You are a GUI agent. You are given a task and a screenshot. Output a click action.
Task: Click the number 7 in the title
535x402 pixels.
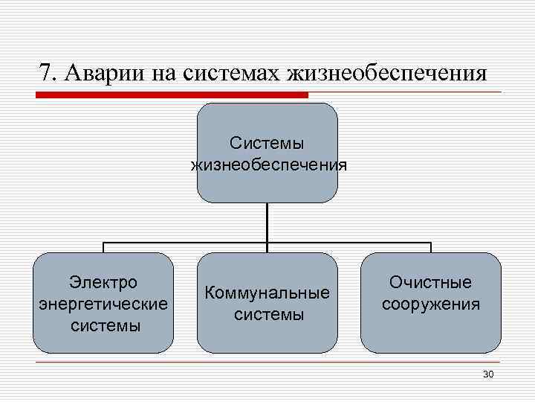[45, 74]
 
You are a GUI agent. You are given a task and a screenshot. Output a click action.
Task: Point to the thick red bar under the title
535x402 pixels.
[172, 95]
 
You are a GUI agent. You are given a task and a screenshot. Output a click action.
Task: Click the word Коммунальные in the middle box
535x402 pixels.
[267, 293]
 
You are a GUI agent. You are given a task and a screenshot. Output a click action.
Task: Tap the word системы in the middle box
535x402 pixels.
[267, 315]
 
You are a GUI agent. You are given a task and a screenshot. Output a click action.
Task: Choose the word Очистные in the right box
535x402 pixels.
[431, 282]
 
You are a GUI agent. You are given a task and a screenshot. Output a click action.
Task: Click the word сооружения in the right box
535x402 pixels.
[431, 304]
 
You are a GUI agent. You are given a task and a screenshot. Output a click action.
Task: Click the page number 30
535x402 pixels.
[488, 374]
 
